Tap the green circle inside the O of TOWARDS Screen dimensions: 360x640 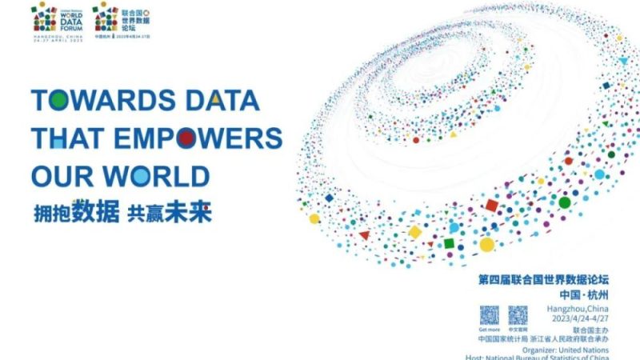[58, 101]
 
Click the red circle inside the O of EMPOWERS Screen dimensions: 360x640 [186, 138]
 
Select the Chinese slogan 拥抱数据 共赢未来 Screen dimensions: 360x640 [124, 212]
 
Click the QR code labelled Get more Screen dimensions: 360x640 [489, 314]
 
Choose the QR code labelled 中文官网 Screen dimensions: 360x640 [518, 314]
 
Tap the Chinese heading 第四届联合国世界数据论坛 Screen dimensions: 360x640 [543, 280]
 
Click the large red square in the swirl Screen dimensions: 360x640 [492, 206]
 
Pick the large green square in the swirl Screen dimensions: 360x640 [450, 242]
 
